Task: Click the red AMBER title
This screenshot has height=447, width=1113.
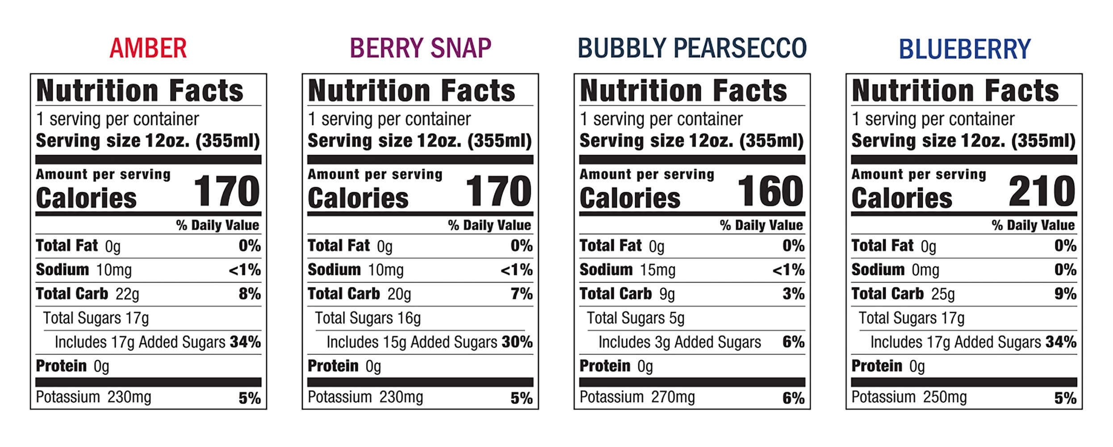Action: [x=148, y=48]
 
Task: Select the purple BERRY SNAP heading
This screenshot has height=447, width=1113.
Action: [x=420, y=48]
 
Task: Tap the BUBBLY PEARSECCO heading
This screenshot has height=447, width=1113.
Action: [x=692, y=48]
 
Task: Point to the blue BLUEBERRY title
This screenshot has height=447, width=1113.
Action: [x=964, y=49]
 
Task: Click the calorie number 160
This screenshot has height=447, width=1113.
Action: [x=770, y=191]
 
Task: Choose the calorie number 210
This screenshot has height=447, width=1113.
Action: [x=1042, y=191]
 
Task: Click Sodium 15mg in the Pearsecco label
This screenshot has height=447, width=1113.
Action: [x=627, y=270]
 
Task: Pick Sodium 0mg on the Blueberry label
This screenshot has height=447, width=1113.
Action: [x=895, y=270]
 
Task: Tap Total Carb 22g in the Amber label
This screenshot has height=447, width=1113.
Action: [x=88, y=294]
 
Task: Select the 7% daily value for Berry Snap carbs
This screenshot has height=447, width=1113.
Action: [x=522, y=294]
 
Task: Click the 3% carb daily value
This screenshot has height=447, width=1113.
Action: [x=793, y=294]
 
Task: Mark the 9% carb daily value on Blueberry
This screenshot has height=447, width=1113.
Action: [x=1065, y=294]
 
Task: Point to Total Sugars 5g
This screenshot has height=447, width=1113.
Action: [x=636, y=318]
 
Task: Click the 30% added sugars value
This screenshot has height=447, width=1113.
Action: [x=517, y=342]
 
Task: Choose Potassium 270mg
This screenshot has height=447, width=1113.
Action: [x=637, y=397]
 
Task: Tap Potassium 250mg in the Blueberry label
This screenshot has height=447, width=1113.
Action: [x=909, y=397]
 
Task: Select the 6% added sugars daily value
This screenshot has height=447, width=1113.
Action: [x=793, y=342]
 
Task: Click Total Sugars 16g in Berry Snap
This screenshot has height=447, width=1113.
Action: [x=368, y=318]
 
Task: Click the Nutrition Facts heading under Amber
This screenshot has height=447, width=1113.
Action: [x=140, y=91]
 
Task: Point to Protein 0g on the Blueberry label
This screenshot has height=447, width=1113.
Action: [x=888, y=366]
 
